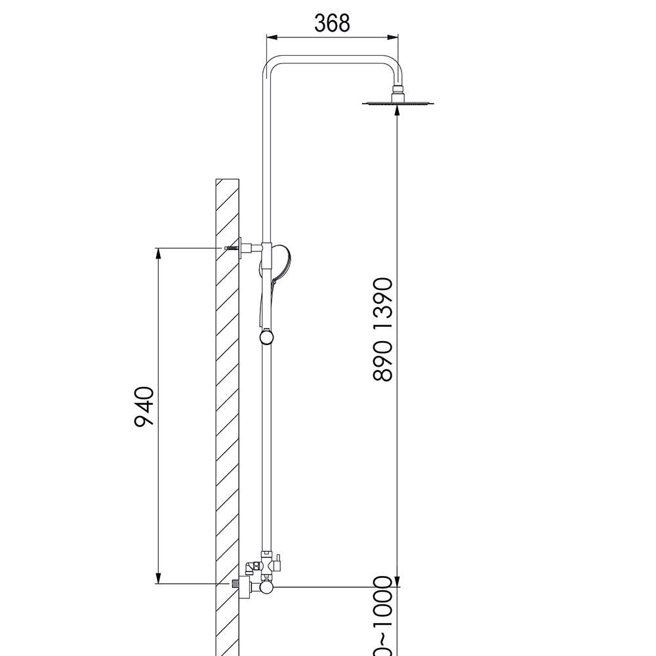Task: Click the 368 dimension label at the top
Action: [x=332, y=23]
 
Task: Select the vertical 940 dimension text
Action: [x=144, y=407]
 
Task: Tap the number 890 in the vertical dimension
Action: [x=382, y=361]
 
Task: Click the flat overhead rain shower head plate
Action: [x=398, y=102]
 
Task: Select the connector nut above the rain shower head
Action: [x=398, y=91]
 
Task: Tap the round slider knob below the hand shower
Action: [x=266, y=337]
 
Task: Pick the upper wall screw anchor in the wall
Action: [x=230, y=248]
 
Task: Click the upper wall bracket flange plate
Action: [x=241, y=248]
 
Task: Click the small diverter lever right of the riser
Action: [x=278, y=562]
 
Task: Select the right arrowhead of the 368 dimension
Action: [x=395, y=37]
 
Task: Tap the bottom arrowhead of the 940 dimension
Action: [x=158, y=579]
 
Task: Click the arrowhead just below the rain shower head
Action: [x=398, y=112]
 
